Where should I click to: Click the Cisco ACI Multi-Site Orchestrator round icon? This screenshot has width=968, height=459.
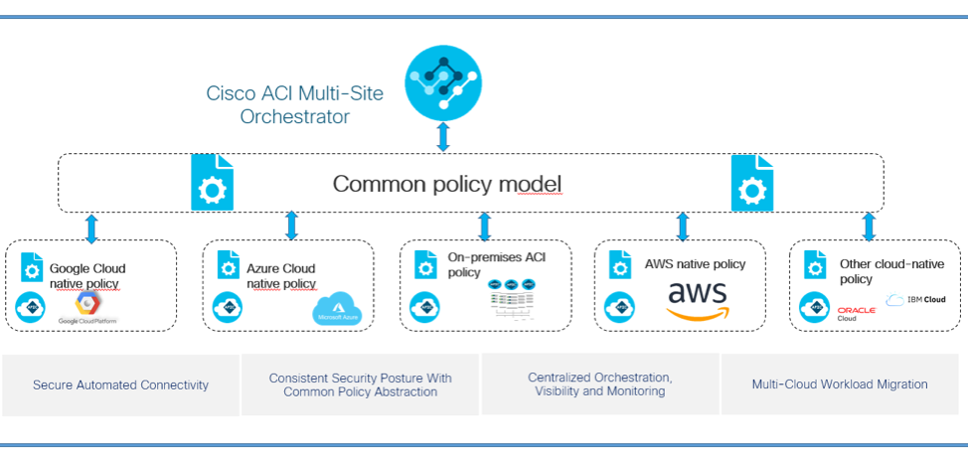coord(443,85)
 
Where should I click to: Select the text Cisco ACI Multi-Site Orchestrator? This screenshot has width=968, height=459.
coord(293,104)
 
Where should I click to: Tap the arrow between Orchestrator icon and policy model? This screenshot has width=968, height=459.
coord(443,137)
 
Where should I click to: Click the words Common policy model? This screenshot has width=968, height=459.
coord(447,184)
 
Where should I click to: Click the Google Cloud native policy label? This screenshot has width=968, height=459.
coord(87,275)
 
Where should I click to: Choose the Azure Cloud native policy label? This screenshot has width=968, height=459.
coord(281,275)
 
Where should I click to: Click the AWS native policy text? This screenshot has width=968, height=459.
coord(695,264)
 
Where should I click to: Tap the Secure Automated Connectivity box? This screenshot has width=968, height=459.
coord(120,384)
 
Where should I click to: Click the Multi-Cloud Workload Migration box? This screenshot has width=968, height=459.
coord(840,383)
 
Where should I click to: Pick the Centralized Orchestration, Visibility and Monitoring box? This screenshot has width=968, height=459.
coord(599,384)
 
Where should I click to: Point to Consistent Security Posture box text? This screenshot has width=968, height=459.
coord(360,384)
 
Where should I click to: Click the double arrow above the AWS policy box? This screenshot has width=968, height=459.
coord(683,227)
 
